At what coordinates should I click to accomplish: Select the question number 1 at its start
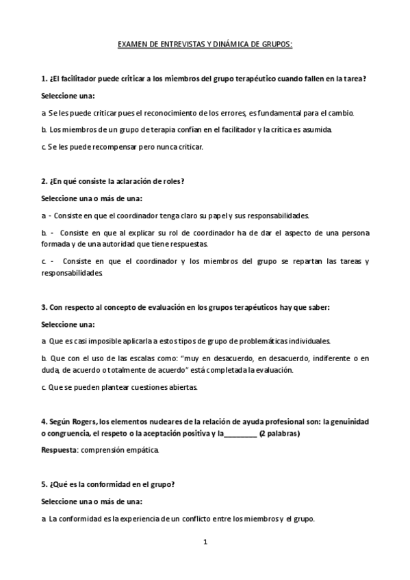click(44, 79)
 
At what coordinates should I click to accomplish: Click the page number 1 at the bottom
click(205, 543)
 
